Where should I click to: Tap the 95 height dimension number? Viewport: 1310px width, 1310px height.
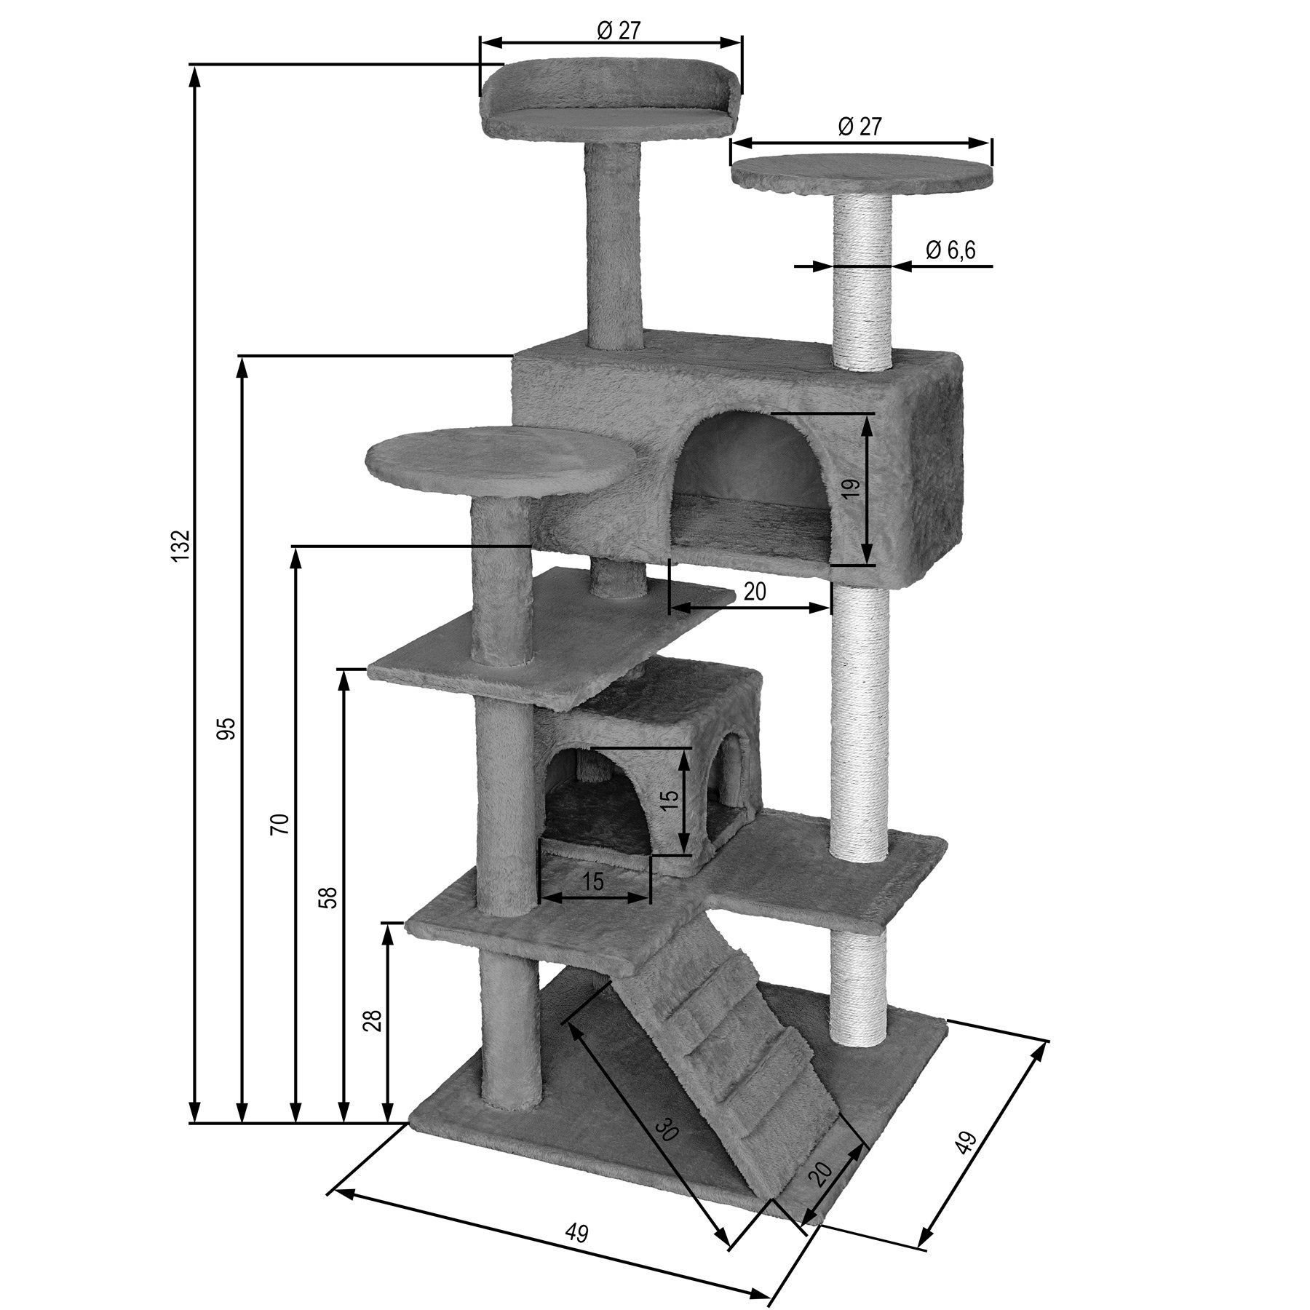pos(229,728)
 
